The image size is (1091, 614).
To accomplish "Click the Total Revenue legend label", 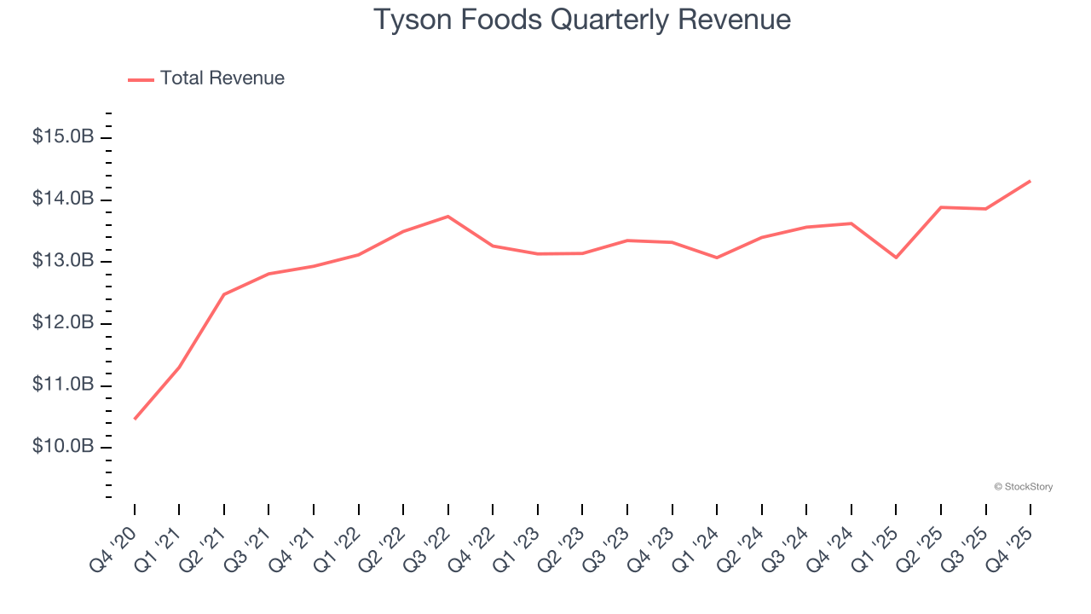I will pyautogui.click(x=222, y=78).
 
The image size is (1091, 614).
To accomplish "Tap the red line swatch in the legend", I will pyautogui.click(x=141, y=79).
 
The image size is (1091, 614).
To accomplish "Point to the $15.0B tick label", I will pyautogui.click(x=63, y=137).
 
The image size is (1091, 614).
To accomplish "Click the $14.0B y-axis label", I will pyautogui.click(x=63, y=200).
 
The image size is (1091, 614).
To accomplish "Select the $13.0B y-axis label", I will pyautogui.click(x=63, y=262).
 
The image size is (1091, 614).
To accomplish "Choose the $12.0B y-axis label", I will pyautogui.click(x=63, y=324).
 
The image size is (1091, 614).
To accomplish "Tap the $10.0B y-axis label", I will pyautogui.click(x=63, y=448).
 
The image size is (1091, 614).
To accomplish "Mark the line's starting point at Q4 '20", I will pyautogui.click(x=135, y=419).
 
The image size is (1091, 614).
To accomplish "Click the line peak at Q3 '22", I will pyautogui.click(x=448, y=217).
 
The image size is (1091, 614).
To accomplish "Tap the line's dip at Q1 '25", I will pyautogui.click(x=896, y=258).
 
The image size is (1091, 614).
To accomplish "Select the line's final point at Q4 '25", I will pyautogui.click(x=1030, y=181).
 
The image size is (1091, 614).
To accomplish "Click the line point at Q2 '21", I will pyautogui.click(x=224, y=294).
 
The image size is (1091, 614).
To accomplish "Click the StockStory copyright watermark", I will pyautogui.click(x=1023, y=487).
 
